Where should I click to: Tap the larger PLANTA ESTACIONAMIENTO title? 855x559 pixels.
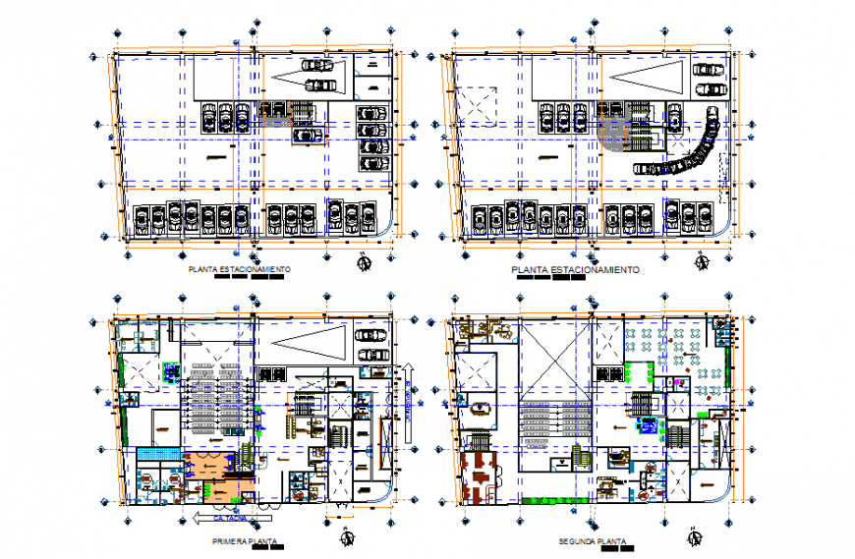pos(575,269)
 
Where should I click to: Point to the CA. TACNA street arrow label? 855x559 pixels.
pos(224,516)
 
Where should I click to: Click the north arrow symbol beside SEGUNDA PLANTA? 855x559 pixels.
pos(697,536)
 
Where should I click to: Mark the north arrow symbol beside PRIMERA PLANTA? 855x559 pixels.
pos(346,536)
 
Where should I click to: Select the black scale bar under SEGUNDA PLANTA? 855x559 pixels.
pos(617,550)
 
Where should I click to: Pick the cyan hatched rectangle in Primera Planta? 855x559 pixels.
pos(158,454)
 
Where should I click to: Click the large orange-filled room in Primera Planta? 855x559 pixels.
pos(210,472)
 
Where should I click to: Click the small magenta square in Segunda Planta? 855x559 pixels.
pos(678,378)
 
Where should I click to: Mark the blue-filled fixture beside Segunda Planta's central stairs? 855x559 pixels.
pos(648,425)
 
